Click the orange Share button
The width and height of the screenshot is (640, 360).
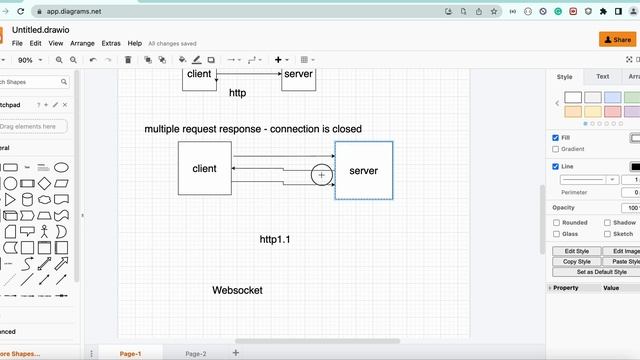(615, 39)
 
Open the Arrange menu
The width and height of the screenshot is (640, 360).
(83, 44)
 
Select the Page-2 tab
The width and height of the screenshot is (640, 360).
(196, 354)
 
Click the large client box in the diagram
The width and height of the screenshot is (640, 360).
(205, 168)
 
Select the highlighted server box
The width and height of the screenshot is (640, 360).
(364, 170)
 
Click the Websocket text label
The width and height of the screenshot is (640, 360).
(237, 290)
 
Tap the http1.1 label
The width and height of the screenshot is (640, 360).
(275, 240)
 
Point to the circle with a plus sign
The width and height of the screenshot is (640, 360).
(321, 175)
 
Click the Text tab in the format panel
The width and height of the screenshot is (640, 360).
(603, 76)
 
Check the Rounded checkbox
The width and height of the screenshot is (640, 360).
(556, 222)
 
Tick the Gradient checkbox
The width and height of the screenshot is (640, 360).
(556, 149)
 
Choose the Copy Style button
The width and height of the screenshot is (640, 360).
(577, 262)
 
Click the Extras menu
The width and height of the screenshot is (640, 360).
(111, 44)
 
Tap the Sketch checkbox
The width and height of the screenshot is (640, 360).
(606, 233)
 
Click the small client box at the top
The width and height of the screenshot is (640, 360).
(199, 75)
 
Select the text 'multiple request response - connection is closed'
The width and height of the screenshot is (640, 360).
(253, 129)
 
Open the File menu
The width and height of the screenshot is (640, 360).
(17, 44)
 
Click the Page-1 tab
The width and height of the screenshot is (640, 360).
(130, 354)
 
